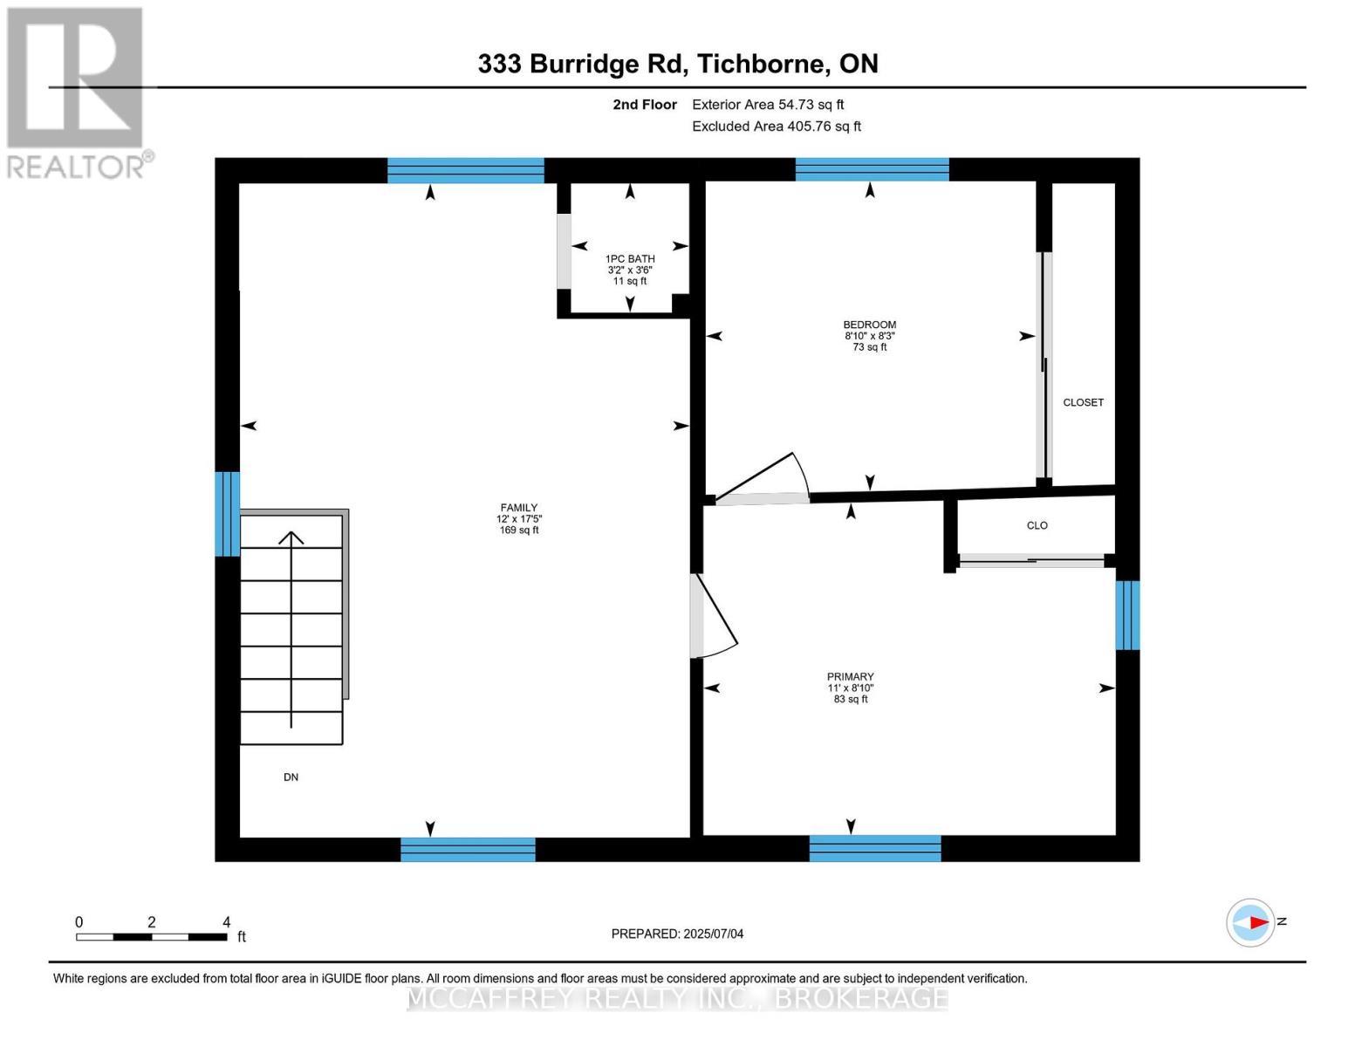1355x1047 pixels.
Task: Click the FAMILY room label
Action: point(518,518)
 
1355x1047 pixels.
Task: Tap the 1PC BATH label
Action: point(630,270)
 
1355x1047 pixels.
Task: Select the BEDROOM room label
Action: point(869,335)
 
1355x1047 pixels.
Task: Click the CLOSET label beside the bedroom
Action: point(1083,402)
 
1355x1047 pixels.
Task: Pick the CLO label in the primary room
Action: point(1037,525)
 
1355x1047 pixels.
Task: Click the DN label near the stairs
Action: point(291,777)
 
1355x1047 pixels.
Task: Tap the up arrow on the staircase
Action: point(291,628)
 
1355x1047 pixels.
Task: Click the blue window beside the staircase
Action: point(227,514)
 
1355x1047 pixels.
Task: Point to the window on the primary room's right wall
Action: point(1127,615)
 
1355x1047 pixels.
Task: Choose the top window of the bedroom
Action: point(872,169)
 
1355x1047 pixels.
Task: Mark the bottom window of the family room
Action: point(468,849)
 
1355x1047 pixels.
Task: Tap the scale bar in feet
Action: point(152,937)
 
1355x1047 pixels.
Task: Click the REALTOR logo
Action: point(77,92)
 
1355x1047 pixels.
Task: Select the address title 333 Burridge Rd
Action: point(677,64)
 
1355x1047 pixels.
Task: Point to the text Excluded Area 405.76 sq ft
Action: point(776,127)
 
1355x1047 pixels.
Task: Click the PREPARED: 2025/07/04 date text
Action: point(677,934)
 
